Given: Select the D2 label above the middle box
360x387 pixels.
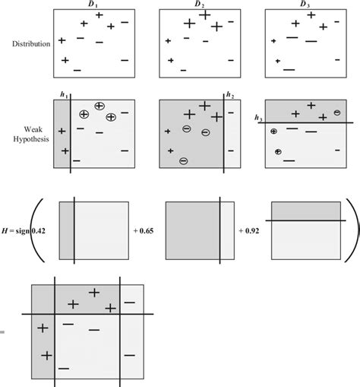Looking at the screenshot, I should pos(199,5).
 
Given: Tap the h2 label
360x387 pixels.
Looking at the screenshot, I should pos(229,95).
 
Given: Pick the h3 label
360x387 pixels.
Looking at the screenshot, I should pos(258,118).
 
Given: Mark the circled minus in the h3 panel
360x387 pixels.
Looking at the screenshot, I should pos(336,113).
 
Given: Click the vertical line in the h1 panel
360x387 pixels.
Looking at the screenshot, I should pos(71,144).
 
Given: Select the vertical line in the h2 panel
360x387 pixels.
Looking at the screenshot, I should pos(223,144).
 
